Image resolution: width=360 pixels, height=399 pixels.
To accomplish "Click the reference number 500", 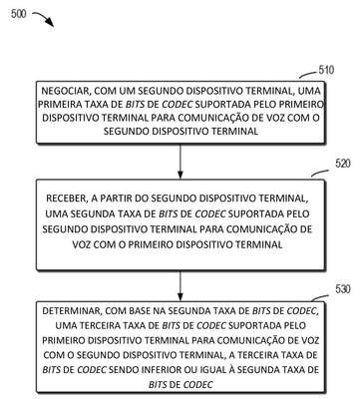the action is click(x=18, y=14).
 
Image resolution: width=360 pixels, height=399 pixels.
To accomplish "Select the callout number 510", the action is click(x=326, y=70).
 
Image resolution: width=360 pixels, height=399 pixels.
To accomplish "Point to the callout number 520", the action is click(x=343, y=164).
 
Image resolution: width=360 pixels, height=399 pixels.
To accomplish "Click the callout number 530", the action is click(x=343, y=289).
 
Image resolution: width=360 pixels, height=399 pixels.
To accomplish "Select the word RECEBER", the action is click(x=66, y=199).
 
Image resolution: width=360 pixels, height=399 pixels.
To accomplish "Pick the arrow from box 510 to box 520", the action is click(x=180, y=162).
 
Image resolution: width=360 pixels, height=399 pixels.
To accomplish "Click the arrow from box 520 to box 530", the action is click(x=180, y=286).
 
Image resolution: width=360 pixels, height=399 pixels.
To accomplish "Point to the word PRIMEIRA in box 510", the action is click(x=59, y=105).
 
